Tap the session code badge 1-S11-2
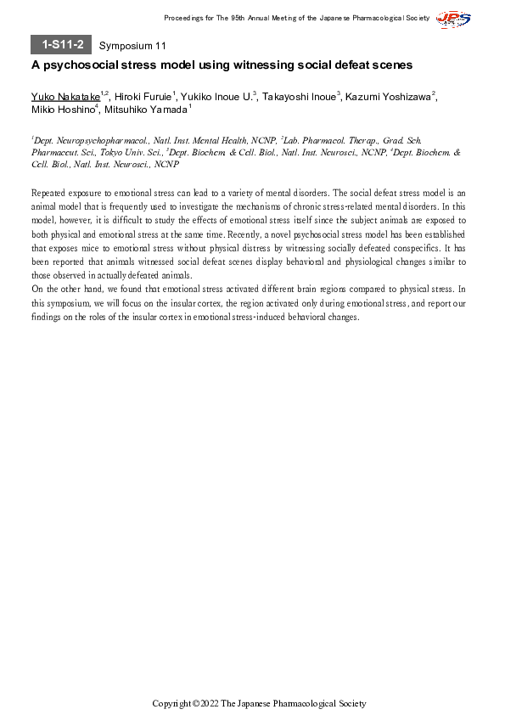coord(61,45)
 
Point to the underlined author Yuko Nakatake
coord(65,97)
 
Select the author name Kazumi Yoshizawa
coord(388,97)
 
